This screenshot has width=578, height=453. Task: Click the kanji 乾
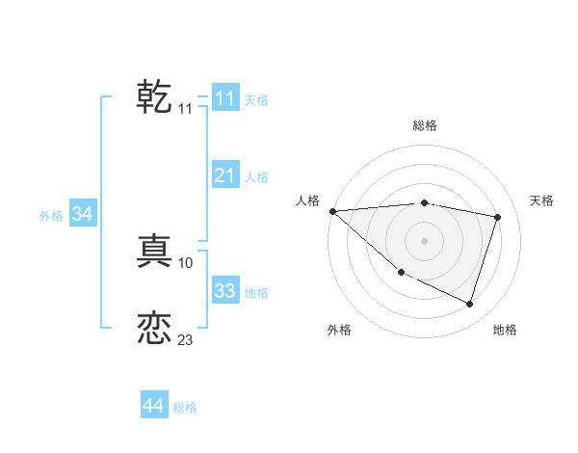(154, 97)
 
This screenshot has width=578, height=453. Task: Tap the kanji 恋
(154, 328)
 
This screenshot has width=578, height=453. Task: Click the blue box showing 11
(224, 98)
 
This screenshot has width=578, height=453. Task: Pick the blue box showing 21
(224, 174)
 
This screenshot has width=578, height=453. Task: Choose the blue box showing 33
(224, 290)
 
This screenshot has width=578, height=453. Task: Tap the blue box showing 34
(82, 214)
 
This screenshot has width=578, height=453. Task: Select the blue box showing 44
(153, 406)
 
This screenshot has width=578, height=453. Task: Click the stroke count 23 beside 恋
(185, 340)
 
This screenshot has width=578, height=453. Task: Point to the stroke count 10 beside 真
(186, 262)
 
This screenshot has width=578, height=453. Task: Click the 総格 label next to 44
(185, 408)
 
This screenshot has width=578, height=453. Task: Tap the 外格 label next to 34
(51, 216)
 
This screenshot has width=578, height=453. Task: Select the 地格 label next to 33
(256, 292)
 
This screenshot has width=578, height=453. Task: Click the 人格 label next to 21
(256, 177)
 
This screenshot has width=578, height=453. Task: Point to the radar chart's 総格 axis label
(424, 125)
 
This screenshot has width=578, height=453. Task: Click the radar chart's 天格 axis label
(541, 200)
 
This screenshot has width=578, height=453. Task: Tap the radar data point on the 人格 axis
(332, 211)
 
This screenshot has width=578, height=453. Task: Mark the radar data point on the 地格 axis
(469, 304)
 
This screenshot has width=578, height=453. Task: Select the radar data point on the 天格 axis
(498, 217)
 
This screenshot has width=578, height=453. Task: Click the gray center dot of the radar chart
(424, 241)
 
